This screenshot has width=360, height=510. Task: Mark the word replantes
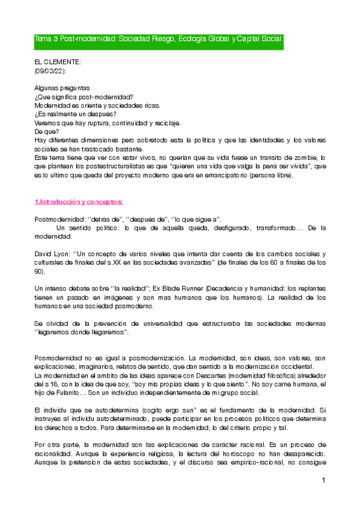308,289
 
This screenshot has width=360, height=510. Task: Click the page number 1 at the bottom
323,481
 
